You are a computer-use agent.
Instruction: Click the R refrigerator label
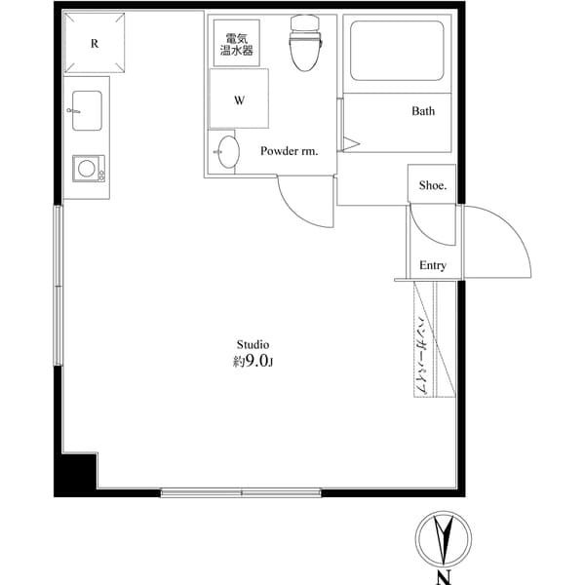click(95, 43)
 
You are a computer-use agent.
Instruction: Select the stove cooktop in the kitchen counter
click(87, 168)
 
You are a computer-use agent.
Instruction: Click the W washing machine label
click(239, 99)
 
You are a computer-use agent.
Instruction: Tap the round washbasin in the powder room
click(227, 153)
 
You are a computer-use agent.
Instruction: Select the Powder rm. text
click(289, 151)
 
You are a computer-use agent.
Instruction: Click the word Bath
click(422, 111)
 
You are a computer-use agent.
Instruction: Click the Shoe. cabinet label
click(432, 185)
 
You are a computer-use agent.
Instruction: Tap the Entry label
click(433, 265)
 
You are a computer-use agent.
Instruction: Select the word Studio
click(253, 344)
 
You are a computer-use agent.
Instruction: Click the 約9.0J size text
click(253, 363)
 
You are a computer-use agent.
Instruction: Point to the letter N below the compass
click(444, 577)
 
